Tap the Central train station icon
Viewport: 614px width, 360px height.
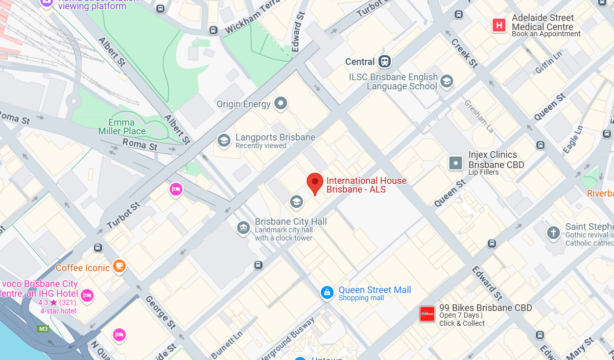click(384, 62)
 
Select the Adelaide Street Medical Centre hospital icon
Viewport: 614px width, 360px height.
click(499, 25)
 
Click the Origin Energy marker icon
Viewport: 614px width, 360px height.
click(280, 104)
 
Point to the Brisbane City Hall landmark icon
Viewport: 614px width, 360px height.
click(244, 228)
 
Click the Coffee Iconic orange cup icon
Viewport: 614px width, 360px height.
click(119, 266)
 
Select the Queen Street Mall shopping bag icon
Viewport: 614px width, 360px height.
click(326, 293)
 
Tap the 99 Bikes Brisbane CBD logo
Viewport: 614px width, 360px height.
click(427, 314)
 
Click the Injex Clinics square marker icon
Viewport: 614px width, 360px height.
click(456, 163)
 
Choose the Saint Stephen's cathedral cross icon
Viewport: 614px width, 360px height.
click(553, 233)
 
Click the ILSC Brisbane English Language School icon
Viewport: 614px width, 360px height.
click(446, 81)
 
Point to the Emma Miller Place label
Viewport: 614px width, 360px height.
click(122, 127)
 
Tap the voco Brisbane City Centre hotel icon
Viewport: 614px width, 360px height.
click(87, 295)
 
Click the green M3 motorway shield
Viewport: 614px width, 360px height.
click(43, 329)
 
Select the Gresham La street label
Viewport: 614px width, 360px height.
click(479, 116)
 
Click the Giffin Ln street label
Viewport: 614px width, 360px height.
click(549, 62)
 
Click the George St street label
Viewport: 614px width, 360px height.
click(157, 311)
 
